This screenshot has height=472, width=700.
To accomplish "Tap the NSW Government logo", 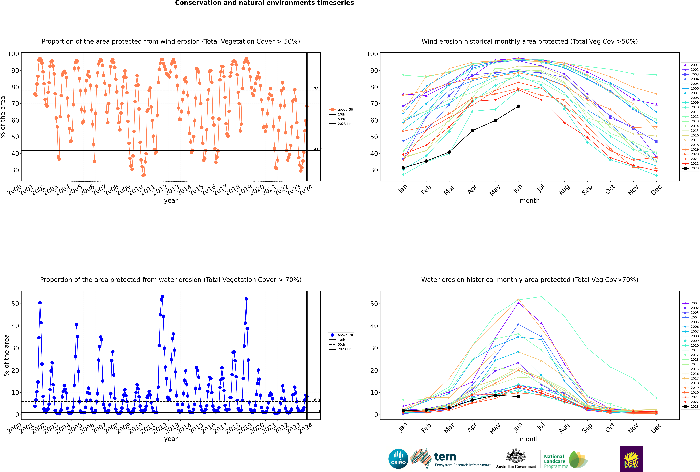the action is (631, 459).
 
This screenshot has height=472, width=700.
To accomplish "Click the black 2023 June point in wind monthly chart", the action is (518, 106).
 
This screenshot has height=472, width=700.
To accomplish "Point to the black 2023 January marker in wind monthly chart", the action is (403, 168).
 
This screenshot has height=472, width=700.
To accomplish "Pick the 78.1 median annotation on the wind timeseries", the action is (318, 89).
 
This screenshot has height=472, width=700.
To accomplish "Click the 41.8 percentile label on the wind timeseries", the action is (318, 149).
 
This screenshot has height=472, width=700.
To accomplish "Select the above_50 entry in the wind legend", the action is (341, 110).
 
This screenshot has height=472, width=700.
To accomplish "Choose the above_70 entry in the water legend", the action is (341, 335).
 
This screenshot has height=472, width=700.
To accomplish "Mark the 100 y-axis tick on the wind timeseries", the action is (13, 54).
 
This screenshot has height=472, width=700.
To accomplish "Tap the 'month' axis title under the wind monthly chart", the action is (530, 201).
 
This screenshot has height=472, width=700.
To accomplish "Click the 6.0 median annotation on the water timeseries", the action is (317, 400).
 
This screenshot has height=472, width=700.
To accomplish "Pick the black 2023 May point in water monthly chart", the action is (495, 395).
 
